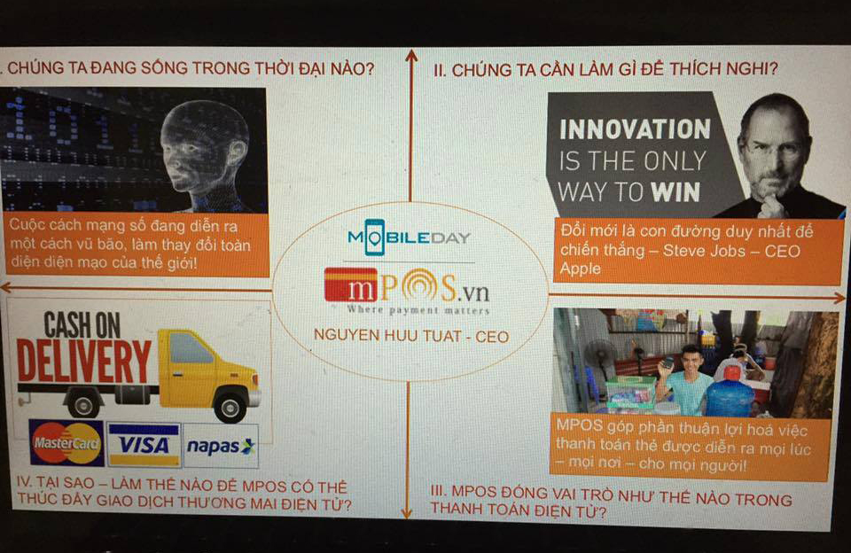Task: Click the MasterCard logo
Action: (x=66, y=443)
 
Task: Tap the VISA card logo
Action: (x=144, y=445)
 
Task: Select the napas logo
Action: (x=221, y=446)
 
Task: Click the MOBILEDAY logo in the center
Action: (x=409, y=238)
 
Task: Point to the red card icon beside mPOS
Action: (x=351, y=284)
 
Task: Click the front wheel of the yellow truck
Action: (x=230, y=405)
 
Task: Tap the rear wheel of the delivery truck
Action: (x=83, y=403)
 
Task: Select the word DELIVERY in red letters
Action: (x=84, y=362)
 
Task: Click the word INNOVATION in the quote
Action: (x=635, y=129)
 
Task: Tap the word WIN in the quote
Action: (x=675, y=192)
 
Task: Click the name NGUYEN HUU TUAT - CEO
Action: (x=411, y=336)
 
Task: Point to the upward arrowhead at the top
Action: (x=411, y=55)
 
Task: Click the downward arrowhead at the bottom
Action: (x=407, y=511)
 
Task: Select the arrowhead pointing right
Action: (x=839, y=298)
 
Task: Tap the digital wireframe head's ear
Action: (x=237, y=153)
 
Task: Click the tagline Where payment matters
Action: (x=418, y=310)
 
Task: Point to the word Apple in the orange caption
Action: (x=580, y=269)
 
